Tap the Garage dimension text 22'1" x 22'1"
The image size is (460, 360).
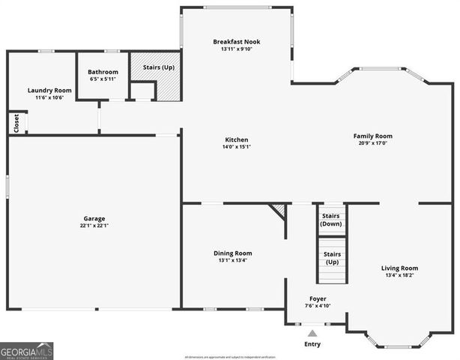pyautogui.click(x=94, y=226)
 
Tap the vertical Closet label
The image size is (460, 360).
pyautogui.click(x=16, y=123)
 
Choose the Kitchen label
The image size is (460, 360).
pyautogui.click(x=237, y=139)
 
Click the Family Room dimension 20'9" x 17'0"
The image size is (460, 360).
pyautogui.click(x=373, y=144)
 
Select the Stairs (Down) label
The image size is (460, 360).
pyautogui.click(x=331, y=220)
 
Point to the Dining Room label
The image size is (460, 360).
pyautogui.click(x=233, y=253)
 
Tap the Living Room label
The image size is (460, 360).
pyautogui.click(x=399, y=268)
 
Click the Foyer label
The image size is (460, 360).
pyautogui.click(x=318, y=298)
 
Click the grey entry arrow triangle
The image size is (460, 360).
pyautogui.click(x=312, y=333)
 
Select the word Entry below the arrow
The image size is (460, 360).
pyautogui.click(x=312, y=344)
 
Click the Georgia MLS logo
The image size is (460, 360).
pyautogui.click(x=26, y=351)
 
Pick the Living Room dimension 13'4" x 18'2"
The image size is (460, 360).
pyautogui.click(x=399, y=276)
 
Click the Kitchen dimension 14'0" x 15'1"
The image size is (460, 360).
pyautogui.click(x=237, y=148)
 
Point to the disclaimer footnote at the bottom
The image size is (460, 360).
pyautogui.click(x=230, y=356)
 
